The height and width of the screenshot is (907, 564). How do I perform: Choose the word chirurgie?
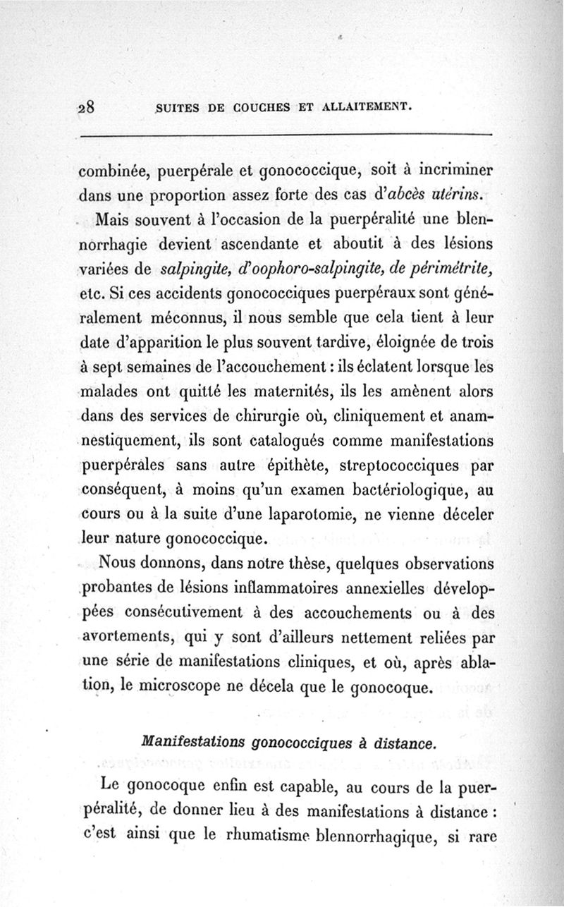(x=260, y=417)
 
